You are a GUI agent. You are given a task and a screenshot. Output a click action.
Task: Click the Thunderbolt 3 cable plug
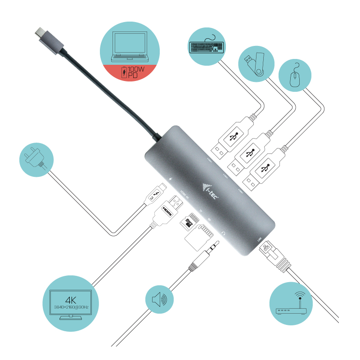(x=155, y=196)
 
